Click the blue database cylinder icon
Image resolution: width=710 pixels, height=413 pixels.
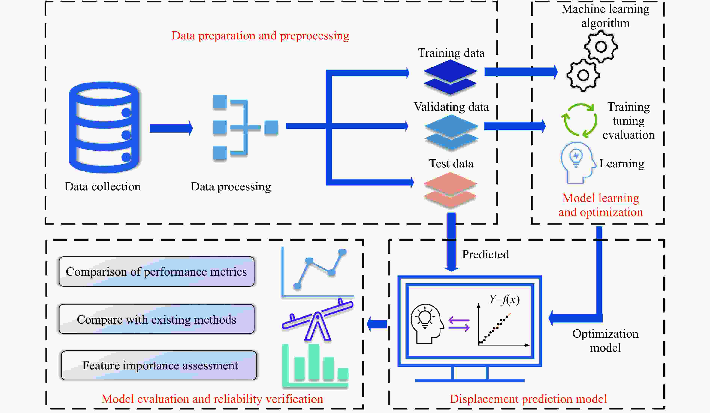(104, 127)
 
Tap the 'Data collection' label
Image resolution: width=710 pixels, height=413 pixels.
(103, 187)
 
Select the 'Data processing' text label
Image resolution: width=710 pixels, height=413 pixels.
(231, 187)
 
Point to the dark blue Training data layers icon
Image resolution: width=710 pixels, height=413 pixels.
(450, 77)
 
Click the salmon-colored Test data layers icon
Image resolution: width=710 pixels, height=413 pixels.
(450, 190)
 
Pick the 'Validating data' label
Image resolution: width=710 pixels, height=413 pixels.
(451, 107)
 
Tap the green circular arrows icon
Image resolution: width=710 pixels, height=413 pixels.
(579, 121)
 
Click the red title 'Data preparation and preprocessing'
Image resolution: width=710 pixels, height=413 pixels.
(260, 36)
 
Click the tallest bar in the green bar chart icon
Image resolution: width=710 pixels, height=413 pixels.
(314, 362)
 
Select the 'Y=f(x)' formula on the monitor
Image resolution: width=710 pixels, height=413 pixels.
(504, 299)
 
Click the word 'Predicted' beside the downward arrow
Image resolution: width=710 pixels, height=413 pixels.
(485, 254)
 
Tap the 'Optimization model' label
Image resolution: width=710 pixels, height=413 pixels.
(605, 341)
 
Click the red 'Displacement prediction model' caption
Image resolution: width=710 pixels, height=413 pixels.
(528, 399)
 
